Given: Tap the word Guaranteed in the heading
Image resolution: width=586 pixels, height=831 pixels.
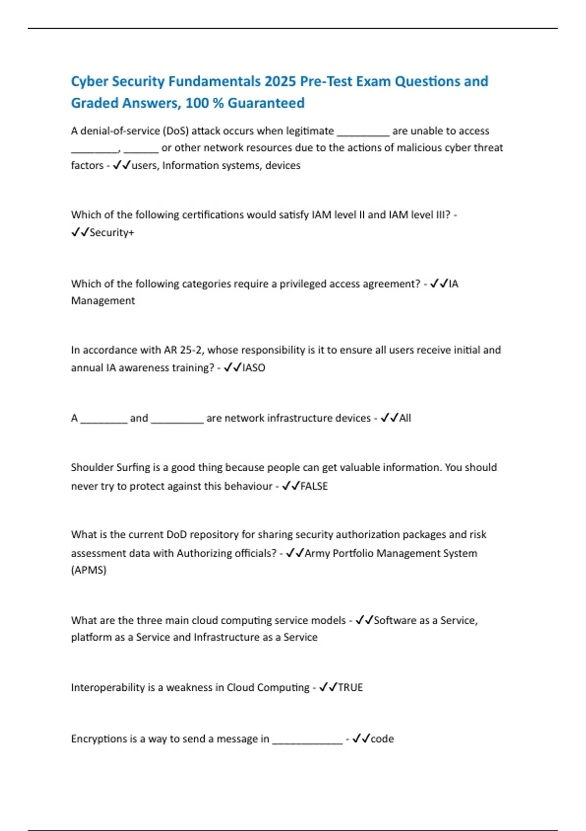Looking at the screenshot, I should (x=266, y=103).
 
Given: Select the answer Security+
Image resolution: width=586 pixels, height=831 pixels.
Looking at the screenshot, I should (x=111, y=233).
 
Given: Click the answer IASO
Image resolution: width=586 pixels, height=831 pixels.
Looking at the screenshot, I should (x=253, y=368).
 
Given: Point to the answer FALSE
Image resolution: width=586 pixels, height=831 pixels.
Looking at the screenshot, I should (x=314, y=486).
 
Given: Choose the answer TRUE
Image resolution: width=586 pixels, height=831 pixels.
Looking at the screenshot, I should (x=350, y=687).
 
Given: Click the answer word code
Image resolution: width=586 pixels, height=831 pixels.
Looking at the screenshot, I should (x=382, y=739).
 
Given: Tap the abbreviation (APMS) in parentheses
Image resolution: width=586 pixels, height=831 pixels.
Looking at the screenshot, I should (x=88, y=570).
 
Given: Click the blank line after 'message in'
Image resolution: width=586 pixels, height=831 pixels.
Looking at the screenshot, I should (x=307, y=740).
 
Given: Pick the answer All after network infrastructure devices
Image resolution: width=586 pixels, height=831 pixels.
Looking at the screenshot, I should (x=405, y=418).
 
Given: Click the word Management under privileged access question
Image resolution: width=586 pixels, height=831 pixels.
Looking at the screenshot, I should (x=103, y=301).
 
